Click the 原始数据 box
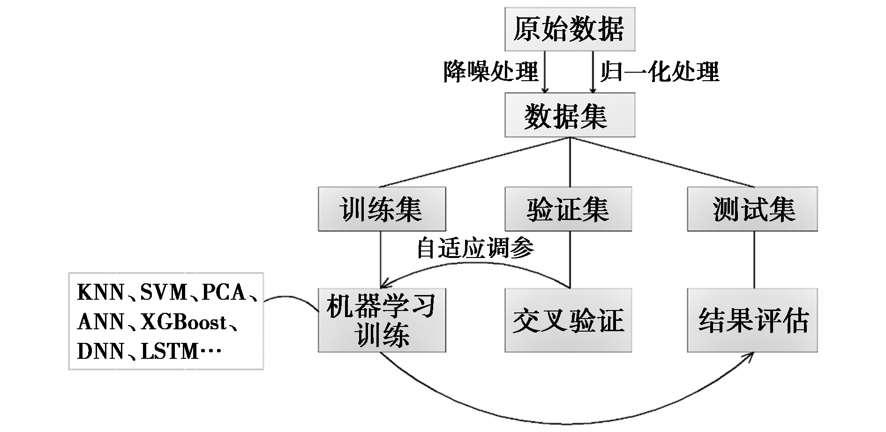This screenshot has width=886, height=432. point(570,29)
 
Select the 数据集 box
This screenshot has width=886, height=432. point(570,115)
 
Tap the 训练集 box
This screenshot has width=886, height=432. point(382,209)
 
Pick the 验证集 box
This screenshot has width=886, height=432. point(568,209)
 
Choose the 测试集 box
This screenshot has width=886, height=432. point(752,209)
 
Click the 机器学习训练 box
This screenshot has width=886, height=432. point(382,320)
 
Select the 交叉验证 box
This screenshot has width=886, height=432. point(568,320)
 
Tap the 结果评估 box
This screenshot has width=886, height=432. point(752,320)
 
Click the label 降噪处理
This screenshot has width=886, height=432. point(491,72)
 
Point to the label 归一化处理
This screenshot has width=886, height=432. point(660,72)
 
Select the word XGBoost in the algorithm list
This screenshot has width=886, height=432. point(183,322)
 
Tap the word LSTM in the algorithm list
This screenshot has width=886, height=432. point(170,351)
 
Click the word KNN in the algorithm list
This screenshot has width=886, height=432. point(100,293)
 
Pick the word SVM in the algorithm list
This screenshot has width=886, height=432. point(164,293)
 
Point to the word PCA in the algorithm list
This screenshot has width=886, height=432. point(224,293)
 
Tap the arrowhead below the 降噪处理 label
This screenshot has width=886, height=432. point(545,89)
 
